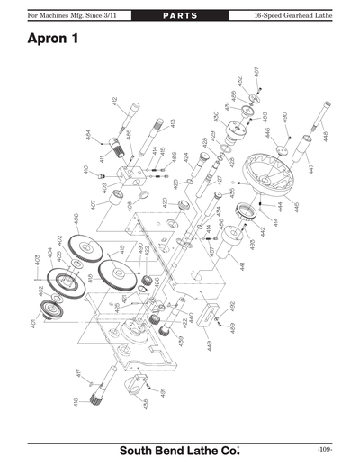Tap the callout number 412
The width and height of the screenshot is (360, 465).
(115, 103)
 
